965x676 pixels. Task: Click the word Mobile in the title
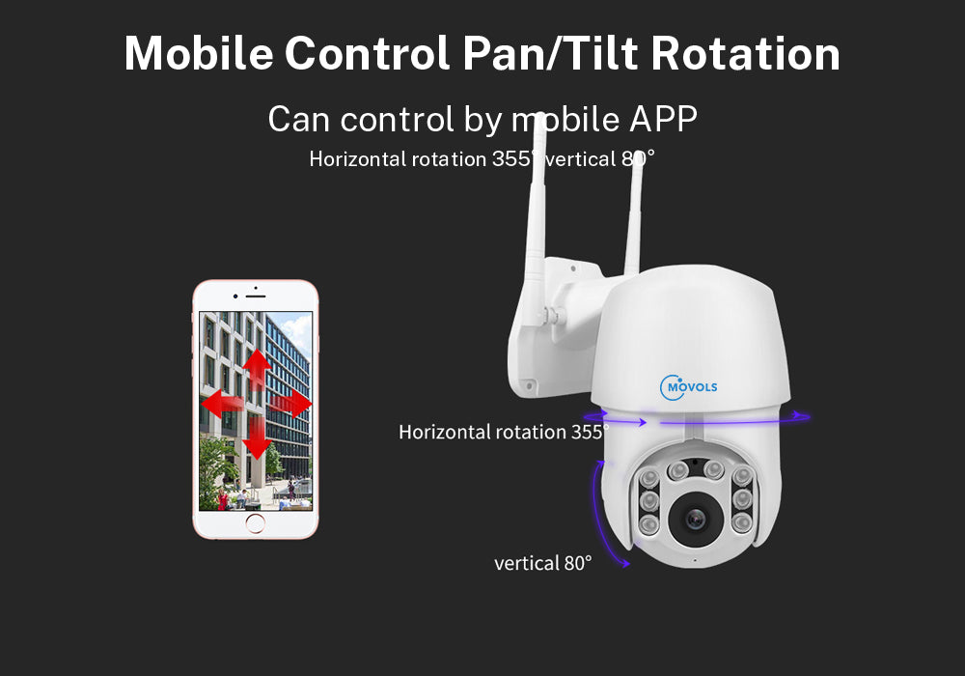tap(200, 53)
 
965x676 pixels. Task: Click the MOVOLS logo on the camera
tap(688, 386)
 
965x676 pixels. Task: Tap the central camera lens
tap(696, 521)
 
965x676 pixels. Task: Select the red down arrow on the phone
tap(257, 439)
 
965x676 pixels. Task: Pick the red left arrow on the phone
tap(222, 404)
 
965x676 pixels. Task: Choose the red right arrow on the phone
tap(290, 404)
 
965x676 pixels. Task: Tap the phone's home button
tap(256, 524)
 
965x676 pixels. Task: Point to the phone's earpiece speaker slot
tap(256, 296)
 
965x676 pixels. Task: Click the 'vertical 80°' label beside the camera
tap(542, 563)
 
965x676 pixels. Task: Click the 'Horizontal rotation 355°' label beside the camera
tap(504, 432)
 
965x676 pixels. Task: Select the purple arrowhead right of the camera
tap(801, 416)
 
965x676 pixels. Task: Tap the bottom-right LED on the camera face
tap(742, 522)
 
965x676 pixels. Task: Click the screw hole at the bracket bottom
tap(529, 386)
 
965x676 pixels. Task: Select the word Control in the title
tap(368, 53)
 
